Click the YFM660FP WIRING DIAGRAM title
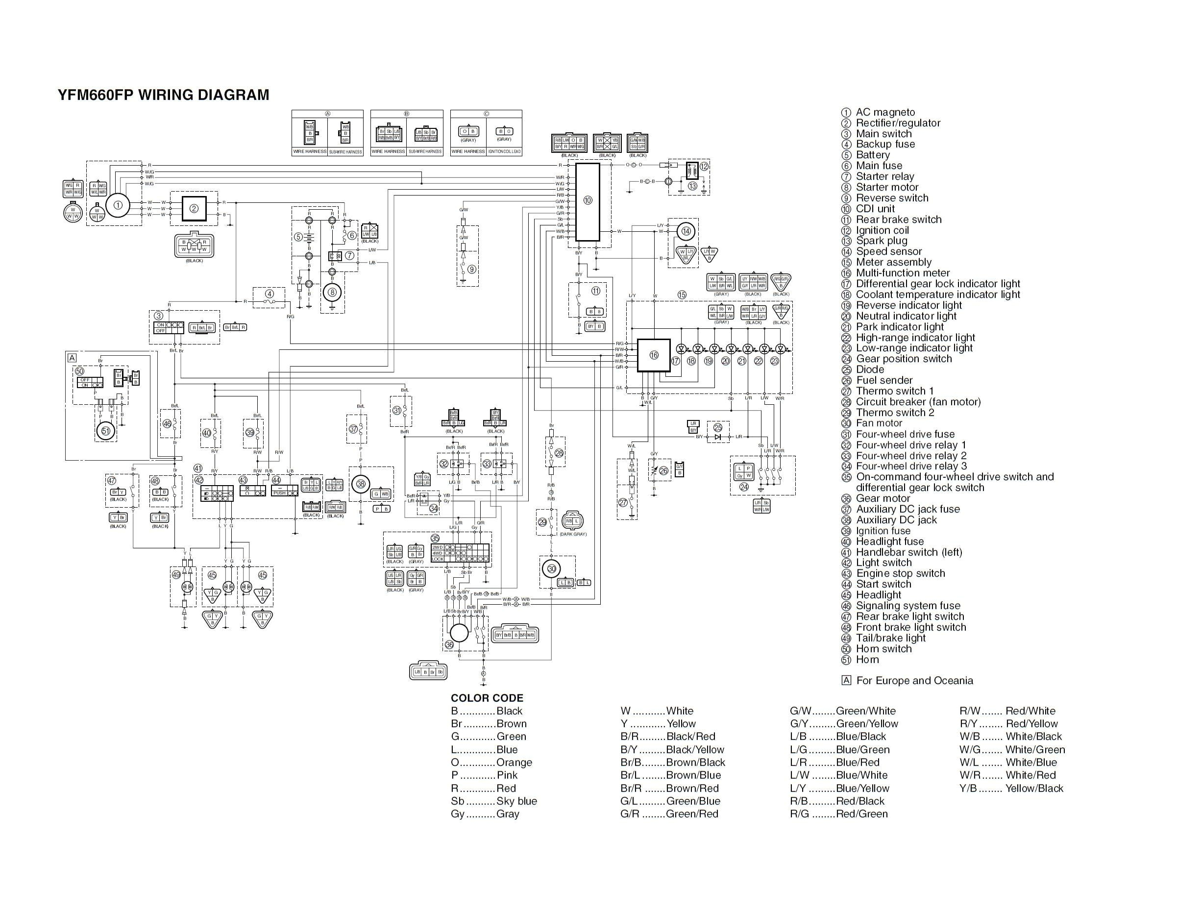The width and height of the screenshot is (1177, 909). pyautogui.click(x=163, y=95)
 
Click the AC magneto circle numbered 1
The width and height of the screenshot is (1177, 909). pyautogui.click(x=118, y=205)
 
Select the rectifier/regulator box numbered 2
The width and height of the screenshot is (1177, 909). pyautogui.click(x=194, y=208)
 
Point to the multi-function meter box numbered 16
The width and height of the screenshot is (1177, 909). pyautogui.click(x=654, y=355)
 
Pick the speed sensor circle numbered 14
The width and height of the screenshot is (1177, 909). pyautogui.click(x=686, y=232)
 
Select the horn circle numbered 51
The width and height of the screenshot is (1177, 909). pyautogui.click(x=106, y=431)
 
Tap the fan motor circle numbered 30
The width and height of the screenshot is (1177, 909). pyautogui.click(x=551, y=568)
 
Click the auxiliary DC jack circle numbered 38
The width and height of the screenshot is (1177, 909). pyautogui.click(x=361, y=484)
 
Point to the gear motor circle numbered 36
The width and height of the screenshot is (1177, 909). pyautogui.click(x=459, y=633)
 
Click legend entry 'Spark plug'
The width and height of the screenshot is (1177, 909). pyautogui.click(x=881, y=241)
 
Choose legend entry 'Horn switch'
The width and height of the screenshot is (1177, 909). pyautogui.click(x=883, y=649)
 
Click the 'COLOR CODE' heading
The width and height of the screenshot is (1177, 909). pyautogui.click(x=487, y=698)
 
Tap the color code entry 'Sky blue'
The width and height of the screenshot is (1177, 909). pyautogui.click(x=516, y=801)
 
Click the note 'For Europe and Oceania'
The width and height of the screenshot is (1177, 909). pyautogui.click(x=914, y=681)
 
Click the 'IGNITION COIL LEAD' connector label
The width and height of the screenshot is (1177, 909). pyautogui.click(x=504, y=152)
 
